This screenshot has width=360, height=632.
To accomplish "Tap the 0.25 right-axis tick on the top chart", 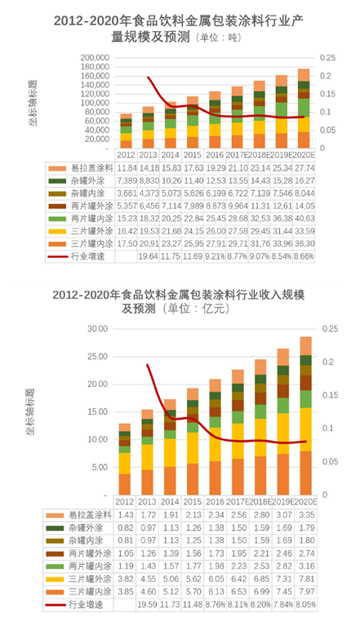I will pyautogui.click(x=327, y=58).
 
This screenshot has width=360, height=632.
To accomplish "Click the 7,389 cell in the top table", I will pyautogui.click(x=127, y=180).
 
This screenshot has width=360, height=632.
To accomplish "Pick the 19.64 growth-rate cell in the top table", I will pyautogui.click(x=149, y=256).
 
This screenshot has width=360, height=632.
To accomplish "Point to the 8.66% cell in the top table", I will pyautogui.click(x=302, y=256).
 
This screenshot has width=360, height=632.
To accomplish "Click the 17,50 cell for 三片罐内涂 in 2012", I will pyautogui.click(x=127, y=243).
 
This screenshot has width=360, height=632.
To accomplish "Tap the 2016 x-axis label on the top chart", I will pyautogui.click(x=215, y=154).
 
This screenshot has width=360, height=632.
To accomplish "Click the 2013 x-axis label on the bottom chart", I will pyautogui.click(x=148, y=501).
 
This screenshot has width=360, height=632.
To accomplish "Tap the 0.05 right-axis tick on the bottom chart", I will pyautogui.click(x=328, y=462).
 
